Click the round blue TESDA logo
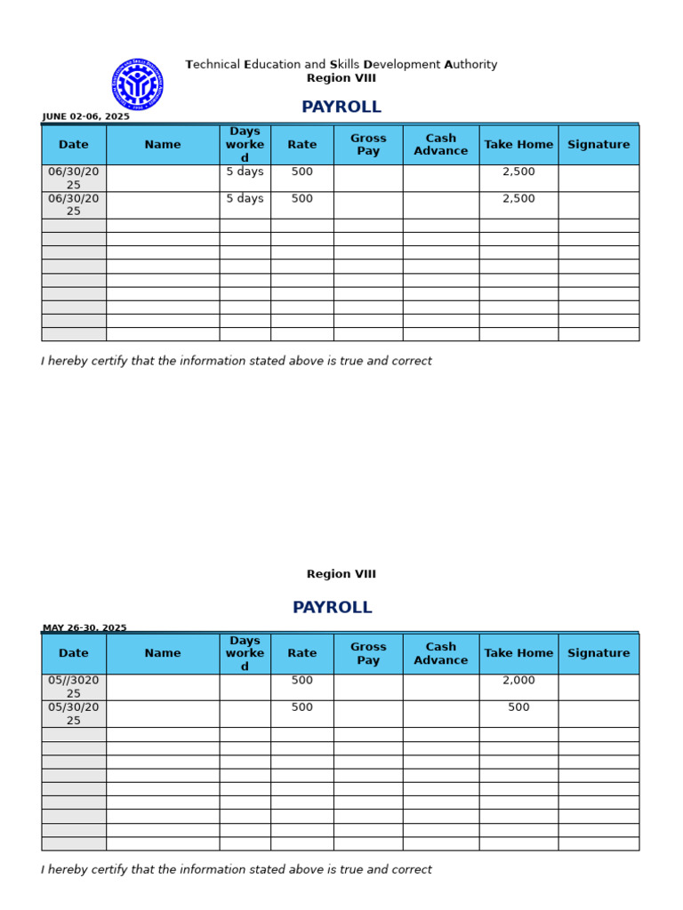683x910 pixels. click(137, 84)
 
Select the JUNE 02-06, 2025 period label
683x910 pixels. click(85, 116)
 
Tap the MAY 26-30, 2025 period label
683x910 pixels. click(84, 627)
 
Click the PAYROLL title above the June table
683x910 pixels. click(341, 108)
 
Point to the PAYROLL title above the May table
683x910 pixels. click(332, 608)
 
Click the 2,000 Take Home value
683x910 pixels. click(518, 681)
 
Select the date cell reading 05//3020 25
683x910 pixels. click(74, 687)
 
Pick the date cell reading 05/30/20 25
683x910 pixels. click(74, 714)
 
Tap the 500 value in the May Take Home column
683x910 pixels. click(518, 707)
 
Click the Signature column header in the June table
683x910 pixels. click(599, 145)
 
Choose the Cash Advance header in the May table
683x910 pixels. click(440, 653)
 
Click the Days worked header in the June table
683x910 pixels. click(245, 145)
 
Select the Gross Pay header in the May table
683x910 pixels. click(368, 653)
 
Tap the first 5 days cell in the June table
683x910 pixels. click(245, 172)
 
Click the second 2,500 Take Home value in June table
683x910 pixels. click(518, 199)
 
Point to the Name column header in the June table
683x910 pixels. click(163, 145)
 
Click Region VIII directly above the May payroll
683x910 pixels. click(341, 574)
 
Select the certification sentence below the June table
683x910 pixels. click(237, 362)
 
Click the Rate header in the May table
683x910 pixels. click(302, 653)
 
